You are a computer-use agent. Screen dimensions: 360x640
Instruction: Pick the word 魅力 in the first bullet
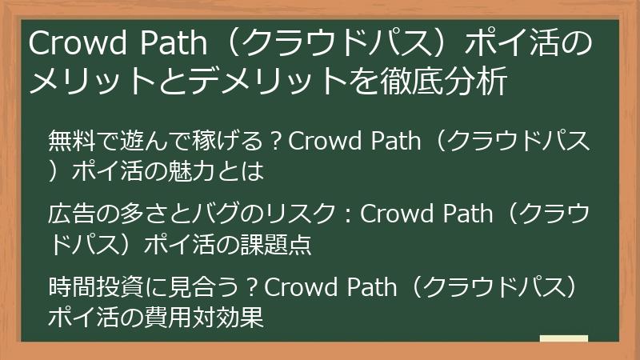point(206,170)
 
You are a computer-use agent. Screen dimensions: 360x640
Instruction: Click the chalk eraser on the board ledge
point(563,339)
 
